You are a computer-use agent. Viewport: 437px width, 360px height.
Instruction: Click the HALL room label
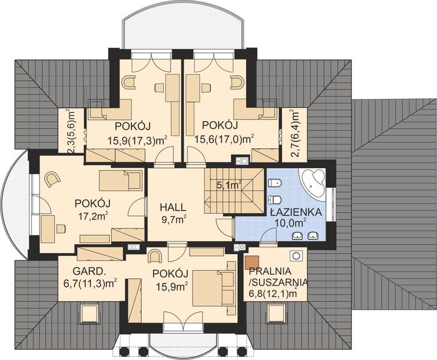[x=173, y=207]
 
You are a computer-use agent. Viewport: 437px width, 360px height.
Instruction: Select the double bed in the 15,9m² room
[x=215, y=284]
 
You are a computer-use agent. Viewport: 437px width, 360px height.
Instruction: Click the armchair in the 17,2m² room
[x=52, y=178]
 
